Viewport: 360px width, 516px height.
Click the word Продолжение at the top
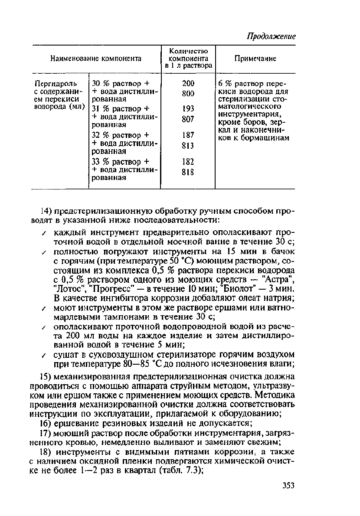coord(271,36)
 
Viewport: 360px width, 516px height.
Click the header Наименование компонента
coord(96,59)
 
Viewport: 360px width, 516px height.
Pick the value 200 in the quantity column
coord(188,83)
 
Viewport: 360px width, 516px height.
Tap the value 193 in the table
coord(188,108)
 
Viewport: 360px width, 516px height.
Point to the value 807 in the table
coord(188,118)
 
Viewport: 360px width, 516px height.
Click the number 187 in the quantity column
coord(188,135)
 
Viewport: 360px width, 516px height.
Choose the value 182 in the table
coord(188,161)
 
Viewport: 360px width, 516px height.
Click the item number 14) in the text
coord(46,212)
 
